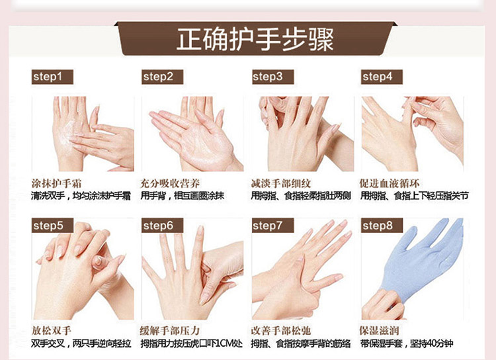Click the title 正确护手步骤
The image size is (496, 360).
[x=255, y=39]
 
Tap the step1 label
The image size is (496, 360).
[x=52, y=77]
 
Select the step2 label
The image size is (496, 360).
[x=162, y=77]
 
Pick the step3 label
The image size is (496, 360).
[x=272, y=77]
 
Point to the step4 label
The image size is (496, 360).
[x=382, y=77]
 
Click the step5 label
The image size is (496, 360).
[x=52, y=226]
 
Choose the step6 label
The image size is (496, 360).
[x=162, y=226]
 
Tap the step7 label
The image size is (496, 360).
[x=272, y=226]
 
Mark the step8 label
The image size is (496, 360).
[x=382, y=226]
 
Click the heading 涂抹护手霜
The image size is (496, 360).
[x=56, y=184]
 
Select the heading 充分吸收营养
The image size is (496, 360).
[x=170, y=184]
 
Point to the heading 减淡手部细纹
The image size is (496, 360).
[x=281, y=184]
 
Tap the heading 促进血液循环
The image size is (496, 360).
[x=390, y=184]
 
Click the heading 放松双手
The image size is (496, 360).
[x=51, y=331]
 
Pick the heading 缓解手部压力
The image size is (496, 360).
[x=170, y=331]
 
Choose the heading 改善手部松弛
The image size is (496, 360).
[x=281, y=331]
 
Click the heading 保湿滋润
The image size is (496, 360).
[x=380, y=331]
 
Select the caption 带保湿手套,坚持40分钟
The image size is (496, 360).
[x=407, y=343]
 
